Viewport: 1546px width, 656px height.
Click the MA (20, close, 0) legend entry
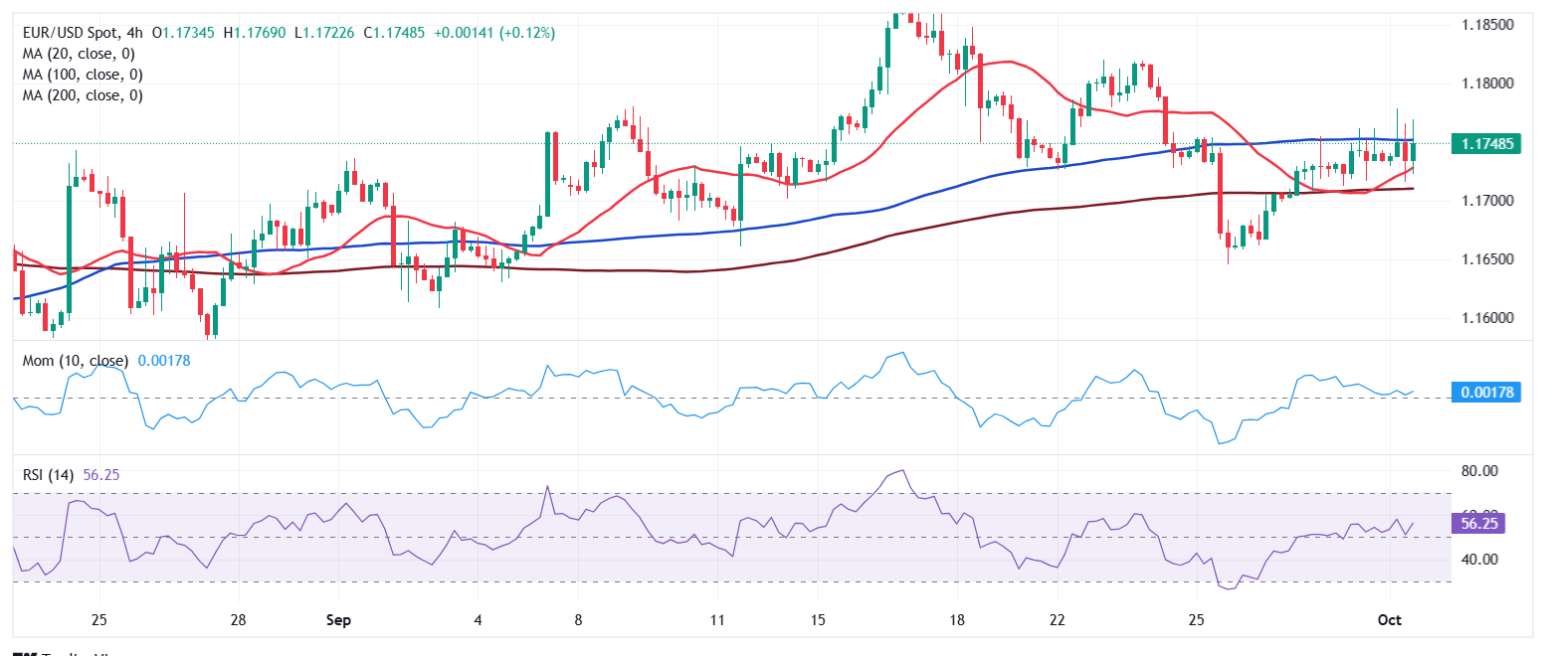[x=81, y=54]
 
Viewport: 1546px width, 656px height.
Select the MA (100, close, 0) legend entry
[x=84, y=75]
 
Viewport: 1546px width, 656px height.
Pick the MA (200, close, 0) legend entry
[x=84, y=95]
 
